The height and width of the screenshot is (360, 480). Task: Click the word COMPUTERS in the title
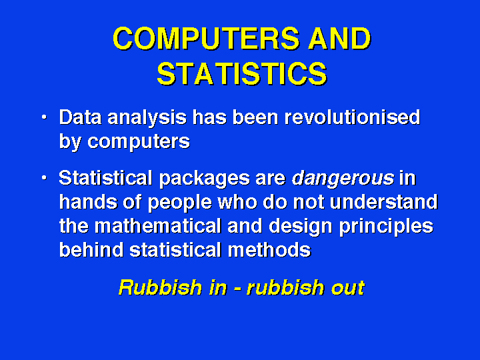[206, 38]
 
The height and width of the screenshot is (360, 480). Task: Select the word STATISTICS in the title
[242, 74]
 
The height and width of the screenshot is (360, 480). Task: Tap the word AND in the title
[339, 38]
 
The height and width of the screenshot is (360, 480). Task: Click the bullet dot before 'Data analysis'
[45, 117]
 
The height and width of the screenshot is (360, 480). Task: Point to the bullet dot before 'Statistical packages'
[45, 177]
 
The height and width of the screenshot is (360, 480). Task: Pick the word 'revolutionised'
[353, 117]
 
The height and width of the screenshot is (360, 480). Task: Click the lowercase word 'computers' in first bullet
[139, 142]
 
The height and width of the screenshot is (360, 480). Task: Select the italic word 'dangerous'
[343, 179]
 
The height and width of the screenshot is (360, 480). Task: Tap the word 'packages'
[205, 179]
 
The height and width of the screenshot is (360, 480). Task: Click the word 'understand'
[384, 202]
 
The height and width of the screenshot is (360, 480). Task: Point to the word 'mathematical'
[158, 226]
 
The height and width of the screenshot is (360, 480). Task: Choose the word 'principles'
[386, 227]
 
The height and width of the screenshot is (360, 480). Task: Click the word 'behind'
[91, 250]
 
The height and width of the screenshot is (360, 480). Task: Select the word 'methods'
[269, 250]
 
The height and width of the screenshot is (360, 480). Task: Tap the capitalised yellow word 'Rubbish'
[160, 287]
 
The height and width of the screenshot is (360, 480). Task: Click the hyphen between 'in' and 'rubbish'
[237, 289]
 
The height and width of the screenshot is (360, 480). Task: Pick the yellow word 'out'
[348, 288]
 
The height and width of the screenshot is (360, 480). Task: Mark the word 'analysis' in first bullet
[147, 118]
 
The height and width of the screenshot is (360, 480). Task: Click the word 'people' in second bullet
[180, 203]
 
